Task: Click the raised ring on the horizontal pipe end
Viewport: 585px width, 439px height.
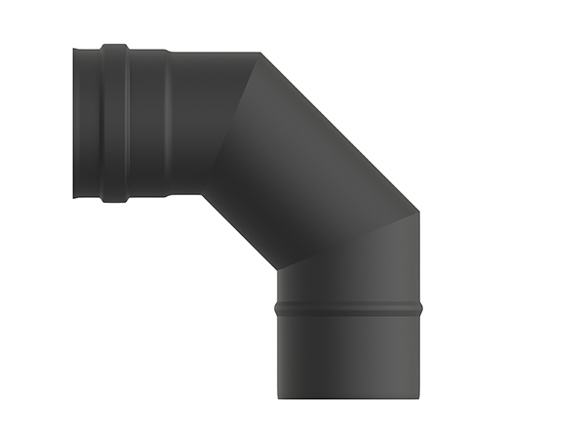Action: (115, 123)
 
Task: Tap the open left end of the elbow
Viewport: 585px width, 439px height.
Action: (76, 123)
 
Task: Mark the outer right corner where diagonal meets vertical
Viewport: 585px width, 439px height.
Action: (419, 210)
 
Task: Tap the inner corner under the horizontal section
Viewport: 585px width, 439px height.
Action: (202, 194)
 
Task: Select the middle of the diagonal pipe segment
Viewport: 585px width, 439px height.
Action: (312, 161)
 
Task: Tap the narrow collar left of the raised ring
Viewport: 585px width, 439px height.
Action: (89, 123)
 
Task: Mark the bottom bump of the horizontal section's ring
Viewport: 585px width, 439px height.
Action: (115, 200)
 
